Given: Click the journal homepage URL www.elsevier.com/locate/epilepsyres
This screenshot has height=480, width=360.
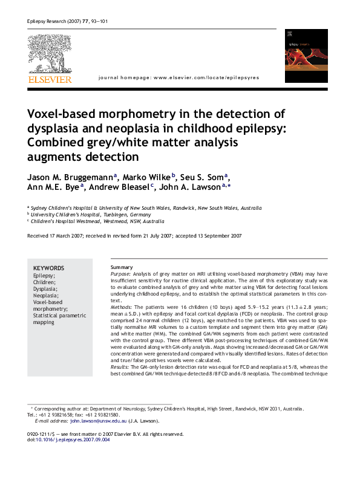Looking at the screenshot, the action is (x=206, y=78).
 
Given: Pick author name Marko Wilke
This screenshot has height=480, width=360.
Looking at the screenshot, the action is (x=148, y=177).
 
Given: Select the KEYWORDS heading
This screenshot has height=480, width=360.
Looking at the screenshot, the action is (x=48, y=268).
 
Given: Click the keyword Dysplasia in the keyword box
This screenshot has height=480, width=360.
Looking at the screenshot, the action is (x=46, y=288).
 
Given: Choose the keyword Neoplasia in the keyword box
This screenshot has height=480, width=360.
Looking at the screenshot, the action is (x=46, y=295).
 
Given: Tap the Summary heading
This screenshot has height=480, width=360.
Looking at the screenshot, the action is (x=122, y=267).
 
